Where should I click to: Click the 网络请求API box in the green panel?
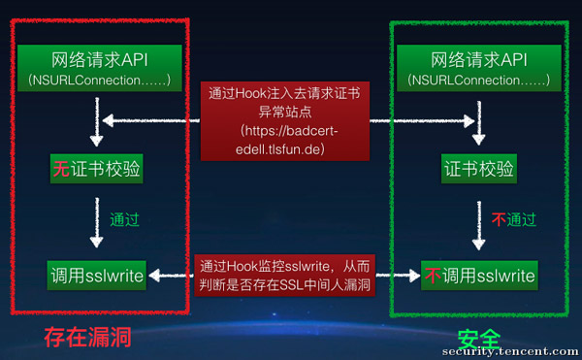[x=477, y=68]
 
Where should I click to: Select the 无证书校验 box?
[x=96, y=170]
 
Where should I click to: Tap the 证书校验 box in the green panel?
[x=477, y=170]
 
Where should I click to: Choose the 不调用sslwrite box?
[x=478, y=276]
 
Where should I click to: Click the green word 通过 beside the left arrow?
[x=123, y=219]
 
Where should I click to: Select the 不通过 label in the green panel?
[x=512, y=219]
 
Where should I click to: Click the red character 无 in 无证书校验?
[x=59, y=170]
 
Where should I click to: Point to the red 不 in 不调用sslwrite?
[x=433, y=276]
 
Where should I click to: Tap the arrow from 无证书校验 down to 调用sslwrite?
[x=95, y=221]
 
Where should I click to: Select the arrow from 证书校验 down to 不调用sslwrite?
[x=477, y=221]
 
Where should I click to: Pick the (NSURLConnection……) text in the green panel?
[x=477, y=79]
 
